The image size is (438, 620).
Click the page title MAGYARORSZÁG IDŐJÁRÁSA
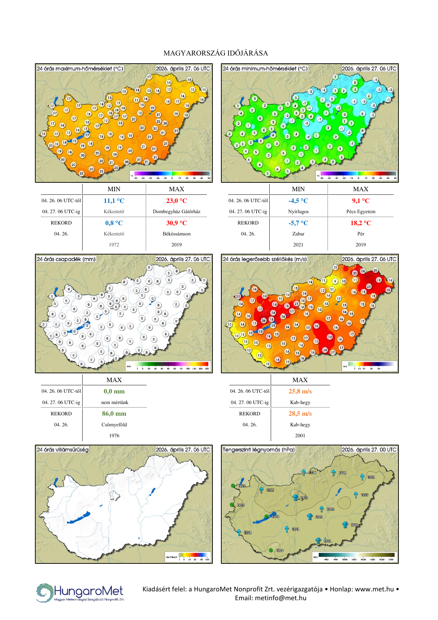click(x=216, y=53)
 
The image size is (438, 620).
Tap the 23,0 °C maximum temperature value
click(x=176, y=201)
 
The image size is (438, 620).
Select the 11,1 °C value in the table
click(x=114, y=201)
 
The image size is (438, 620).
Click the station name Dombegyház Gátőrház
click(x=176, y=211)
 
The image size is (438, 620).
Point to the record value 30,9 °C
click(x=176, y=223)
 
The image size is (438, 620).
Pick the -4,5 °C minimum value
click(x=298, y=201)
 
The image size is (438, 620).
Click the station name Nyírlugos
click(x=298, y=211)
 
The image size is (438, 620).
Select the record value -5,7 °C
click(x=298, y=223)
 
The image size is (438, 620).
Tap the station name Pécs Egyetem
click(x=361, y=211)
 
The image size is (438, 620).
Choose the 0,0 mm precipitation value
click(x=114, y=391)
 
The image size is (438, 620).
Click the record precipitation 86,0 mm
click(x=114, y=414)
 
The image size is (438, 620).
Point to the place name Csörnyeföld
click(x=114, y=425)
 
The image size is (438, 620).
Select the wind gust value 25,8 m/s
click(x=300, y=391)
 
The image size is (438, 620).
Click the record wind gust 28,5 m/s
click(x=300, y=414)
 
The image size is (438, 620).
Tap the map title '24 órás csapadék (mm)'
click(x=66, y=259)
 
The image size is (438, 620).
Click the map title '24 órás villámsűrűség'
click(x=63, y=450)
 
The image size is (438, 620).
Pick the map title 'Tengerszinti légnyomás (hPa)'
click(x=259, y=450)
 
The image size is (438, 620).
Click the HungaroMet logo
click(x=80, y=592)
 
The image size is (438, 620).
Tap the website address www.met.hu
click(x=374, y=589)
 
